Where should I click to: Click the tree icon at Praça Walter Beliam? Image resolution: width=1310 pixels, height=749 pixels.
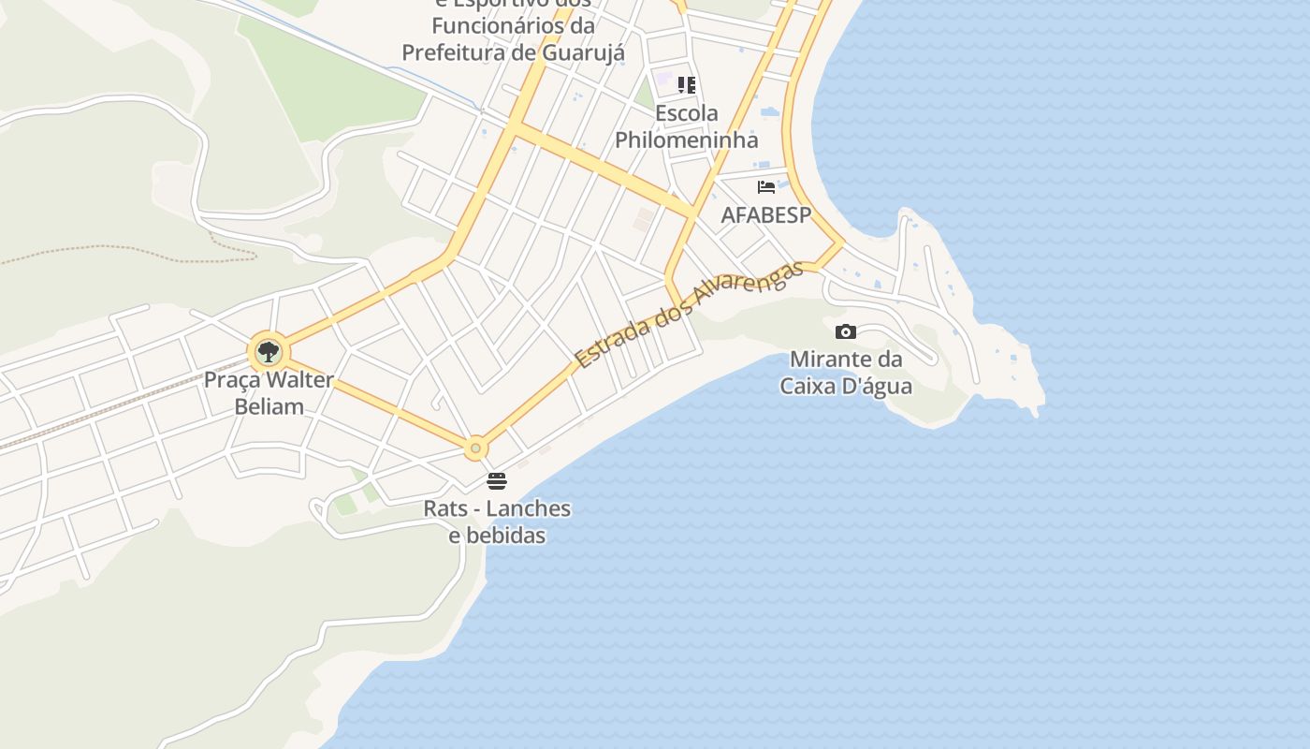pyautogui.click(x=269, y=352)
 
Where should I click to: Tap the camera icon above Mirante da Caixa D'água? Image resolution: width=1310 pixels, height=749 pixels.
pyautogui.click(x=845, y=331)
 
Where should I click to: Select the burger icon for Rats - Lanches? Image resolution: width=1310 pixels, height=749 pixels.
pyautogui.click(x=496, y=481)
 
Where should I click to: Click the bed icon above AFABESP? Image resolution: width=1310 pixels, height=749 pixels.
pyautogui.click(x=766, y=186)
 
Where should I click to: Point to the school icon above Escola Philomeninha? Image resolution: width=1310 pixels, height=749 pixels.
pyautogui.click(x=687, y=85)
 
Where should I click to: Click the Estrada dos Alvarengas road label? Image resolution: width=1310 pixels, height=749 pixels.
pyautogui.click(x=689, y=315)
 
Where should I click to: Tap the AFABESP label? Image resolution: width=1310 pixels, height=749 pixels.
pyautogui.click(x=765, y=215)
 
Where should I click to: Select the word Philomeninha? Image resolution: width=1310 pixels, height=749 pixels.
pyautogui.click(x=686, y=140)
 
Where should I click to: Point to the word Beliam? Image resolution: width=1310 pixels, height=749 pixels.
pyautogui.click(x=269, y=406)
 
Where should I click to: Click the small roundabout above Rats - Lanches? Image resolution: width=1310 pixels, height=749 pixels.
pyautogui.click(x=475, y=449)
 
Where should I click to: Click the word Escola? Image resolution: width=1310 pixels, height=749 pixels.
pyautogui.click(x=687, y=114)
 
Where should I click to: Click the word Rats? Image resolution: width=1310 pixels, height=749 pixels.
pyautogui.click(x=444, y=509)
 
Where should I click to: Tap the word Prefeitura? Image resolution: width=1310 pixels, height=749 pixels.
pyautogui.click(x=455, y=52)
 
